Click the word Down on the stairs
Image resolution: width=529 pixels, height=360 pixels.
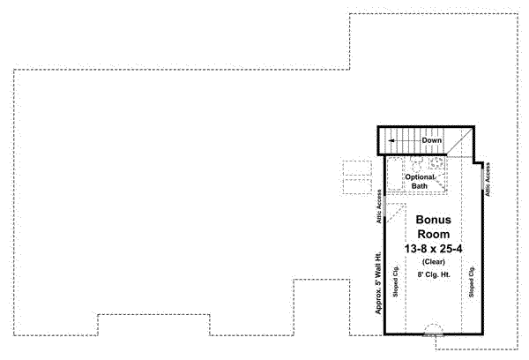pyautogui.click(x=431, y=140)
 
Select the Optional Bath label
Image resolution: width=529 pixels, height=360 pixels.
pyautogui.click(x=421, y=181)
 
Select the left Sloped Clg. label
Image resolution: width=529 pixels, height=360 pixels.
pyautogui.click(x=393, y=281)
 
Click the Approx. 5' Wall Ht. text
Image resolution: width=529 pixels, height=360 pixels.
pyautogui.click(x=377, y=283)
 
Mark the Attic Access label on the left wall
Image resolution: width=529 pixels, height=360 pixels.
pyautogui.click(x=378, y=206)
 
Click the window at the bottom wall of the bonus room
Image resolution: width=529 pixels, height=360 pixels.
pyautogui.click(x=432, y=334)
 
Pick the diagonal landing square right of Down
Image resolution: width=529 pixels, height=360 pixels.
pyautogui.click(x=458, y=140)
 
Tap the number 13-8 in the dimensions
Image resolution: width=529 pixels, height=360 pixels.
pyautogui.click(x=414, y=250)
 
